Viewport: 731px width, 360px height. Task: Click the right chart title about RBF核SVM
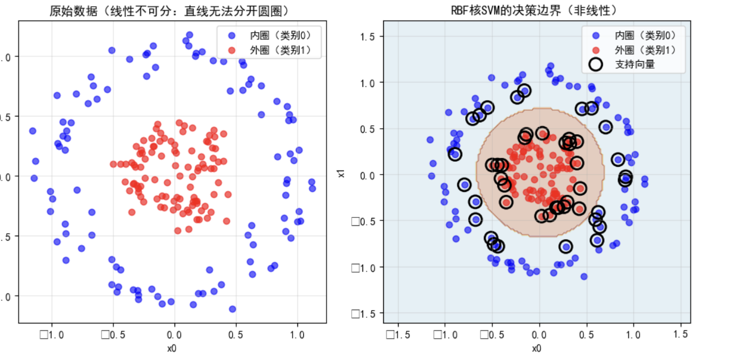click(537, 11)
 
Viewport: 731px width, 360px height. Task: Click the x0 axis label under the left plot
click(172, 348)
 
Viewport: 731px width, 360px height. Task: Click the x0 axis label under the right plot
click(536, 348)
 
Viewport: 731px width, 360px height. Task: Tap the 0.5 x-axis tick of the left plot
click(235, 335)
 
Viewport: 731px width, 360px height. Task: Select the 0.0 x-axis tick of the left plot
click(174, 335)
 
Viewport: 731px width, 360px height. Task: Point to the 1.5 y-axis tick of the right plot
click(367, 36)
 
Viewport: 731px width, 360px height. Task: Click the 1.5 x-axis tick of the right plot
click(681, 335)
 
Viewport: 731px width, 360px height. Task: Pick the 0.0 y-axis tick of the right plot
click(367, 175)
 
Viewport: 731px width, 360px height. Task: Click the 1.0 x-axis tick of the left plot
click(297, 335)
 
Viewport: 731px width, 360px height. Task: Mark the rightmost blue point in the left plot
click(312, 188)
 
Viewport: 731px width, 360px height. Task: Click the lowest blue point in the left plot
click(232, 309)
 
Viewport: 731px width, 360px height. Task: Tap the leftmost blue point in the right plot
click(430, 140)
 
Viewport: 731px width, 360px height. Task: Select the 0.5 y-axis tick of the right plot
click(367, 129)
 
